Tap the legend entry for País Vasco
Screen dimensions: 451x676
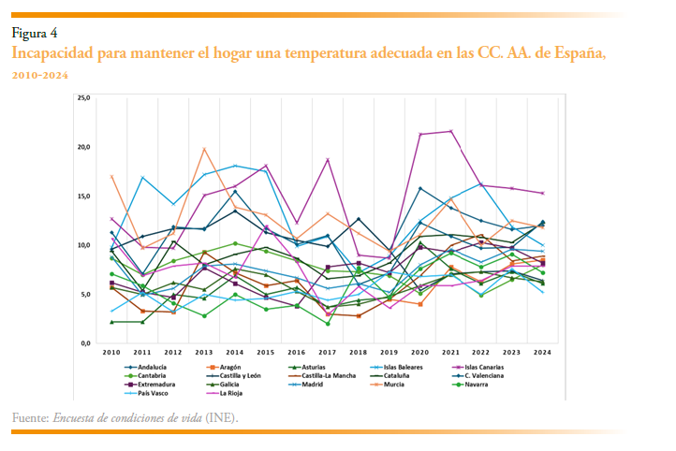pos(147,392)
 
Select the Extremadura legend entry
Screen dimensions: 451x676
pos(152,384)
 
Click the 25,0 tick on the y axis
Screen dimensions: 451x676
pos(83,97)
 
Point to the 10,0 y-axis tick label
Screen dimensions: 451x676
pos(83,245)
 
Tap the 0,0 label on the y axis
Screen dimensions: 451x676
pos(85,343)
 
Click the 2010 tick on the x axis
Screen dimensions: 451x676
pos(111,353)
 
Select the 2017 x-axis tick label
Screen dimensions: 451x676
pos(328,353)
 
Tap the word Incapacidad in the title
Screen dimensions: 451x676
pos(52,53)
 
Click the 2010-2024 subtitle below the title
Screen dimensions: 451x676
pos(40,74)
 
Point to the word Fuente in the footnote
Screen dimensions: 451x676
pos(29,416)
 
